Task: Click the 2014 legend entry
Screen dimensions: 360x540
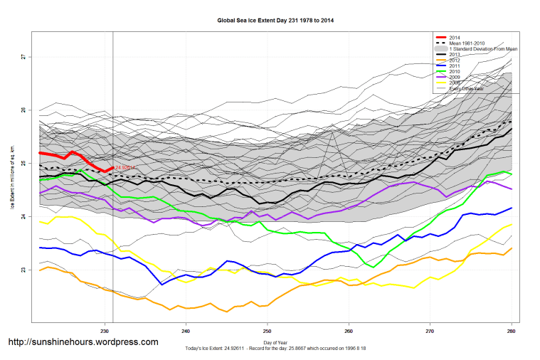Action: [x=456, y=37]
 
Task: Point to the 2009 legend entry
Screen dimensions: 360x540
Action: [x=456, y=77]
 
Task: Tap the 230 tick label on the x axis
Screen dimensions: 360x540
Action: [x=105, y=332]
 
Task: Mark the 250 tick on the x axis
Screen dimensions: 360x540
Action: [x=267, y=332]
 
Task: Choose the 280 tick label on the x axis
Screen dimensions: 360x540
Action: [x=511, y=332]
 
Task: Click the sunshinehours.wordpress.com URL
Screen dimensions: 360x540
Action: [x=83, y=342]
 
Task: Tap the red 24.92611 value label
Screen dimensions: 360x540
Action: [x=125, y=168]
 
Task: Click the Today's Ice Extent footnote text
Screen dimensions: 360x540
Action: [x=275, y=349]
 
